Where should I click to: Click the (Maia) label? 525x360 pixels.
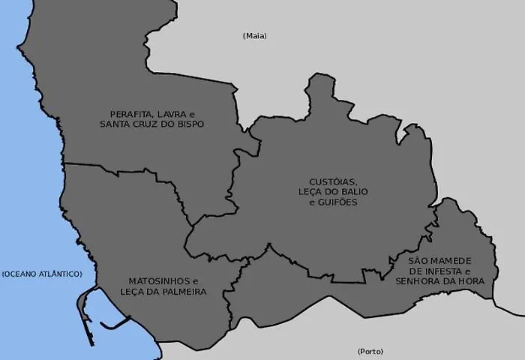pyautogui.click(x=255, y=36)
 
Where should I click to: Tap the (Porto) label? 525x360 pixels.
pyautogui.click(x=370, y=351)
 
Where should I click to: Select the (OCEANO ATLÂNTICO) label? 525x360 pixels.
pyautogui.click(x=41, y=274)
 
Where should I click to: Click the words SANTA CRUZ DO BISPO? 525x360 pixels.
pyautogui.click(x=151, y=124)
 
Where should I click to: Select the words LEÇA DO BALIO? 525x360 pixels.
pyautogui.click(x=333, y=192)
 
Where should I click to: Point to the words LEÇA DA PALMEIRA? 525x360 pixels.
pyautogui.click(x=163, y=291)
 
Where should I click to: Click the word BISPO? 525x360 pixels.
pyautogui.click(x=189, y=124)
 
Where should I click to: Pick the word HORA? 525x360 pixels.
pyautogui.click(x=471, y=281)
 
